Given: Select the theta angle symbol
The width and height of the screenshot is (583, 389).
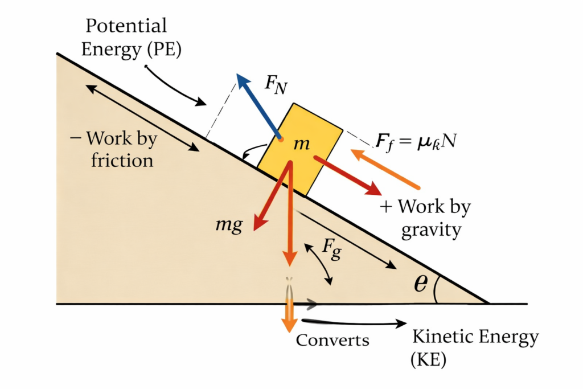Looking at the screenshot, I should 420,284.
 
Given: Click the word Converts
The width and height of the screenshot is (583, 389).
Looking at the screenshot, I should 332,340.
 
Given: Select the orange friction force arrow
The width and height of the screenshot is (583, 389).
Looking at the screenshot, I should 385,169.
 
